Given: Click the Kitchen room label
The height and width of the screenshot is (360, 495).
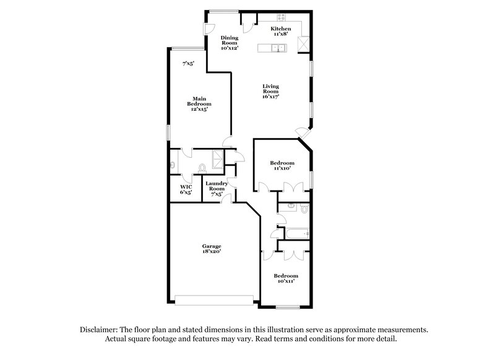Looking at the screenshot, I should point(280,28).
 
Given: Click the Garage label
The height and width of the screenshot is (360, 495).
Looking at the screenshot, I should point(211,246).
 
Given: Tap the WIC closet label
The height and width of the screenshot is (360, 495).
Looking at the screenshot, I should point(186,187).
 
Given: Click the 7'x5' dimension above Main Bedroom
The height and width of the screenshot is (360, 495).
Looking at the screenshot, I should point(188,63).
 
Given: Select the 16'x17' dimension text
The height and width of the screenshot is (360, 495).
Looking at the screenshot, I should point(270,96).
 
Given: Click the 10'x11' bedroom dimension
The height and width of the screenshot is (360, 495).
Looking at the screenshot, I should point(286,281).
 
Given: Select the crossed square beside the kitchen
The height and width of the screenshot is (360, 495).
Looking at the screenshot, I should point(303,43).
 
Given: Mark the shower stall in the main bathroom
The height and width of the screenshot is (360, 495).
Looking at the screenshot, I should point(218,159).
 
